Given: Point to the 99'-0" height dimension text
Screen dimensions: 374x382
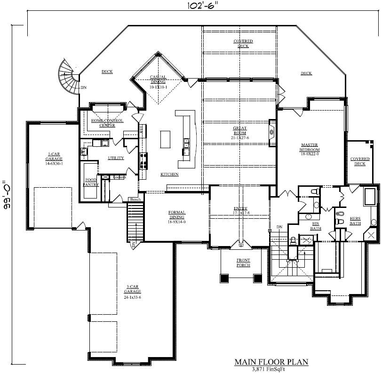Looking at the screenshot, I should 6,196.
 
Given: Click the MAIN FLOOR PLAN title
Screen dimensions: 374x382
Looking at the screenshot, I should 271,362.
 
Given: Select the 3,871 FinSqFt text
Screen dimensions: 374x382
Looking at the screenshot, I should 271,369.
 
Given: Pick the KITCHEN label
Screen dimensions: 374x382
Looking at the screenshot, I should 169,175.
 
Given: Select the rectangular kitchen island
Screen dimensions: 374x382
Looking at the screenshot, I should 166,140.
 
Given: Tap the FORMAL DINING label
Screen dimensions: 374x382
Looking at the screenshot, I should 177,215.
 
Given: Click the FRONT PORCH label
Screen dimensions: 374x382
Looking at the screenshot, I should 243,263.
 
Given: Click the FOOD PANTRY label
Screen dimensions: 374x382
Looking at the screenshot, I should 91,183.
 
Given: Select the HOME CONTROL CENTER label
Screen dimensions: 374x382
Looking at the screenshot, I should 107,123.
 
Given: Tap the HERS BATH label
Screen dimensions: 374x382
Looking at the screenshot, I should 355,221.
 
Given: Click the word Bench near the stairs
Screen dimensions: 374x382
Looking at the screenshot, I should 135,200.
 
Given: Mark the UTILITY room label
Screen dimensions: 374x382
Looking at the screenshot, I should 116,158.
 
